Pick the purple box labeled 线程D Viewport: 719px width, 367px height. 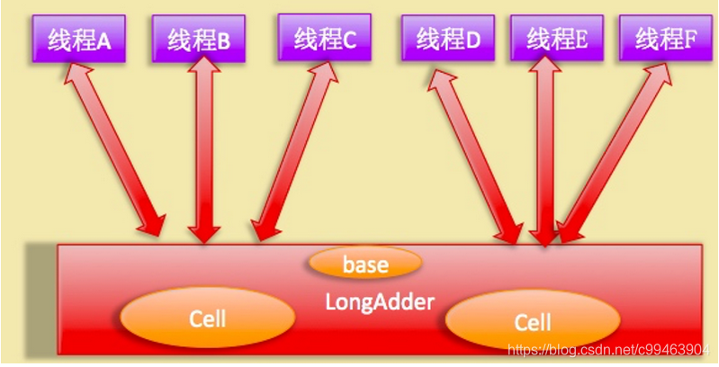point(446,39)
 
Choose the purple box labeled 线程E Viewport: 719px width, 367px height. point(557,39)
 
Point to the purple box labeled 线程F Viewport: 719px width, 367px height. point(665,39)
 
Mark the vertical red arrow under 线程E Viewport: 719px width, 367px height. point(544,153)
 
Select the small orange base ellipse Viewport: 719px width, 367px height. point(364,264)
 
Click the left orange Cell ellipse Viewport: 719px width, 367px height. point(207,318)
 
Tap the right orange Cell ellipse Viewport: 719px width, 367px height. point(532,322)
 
